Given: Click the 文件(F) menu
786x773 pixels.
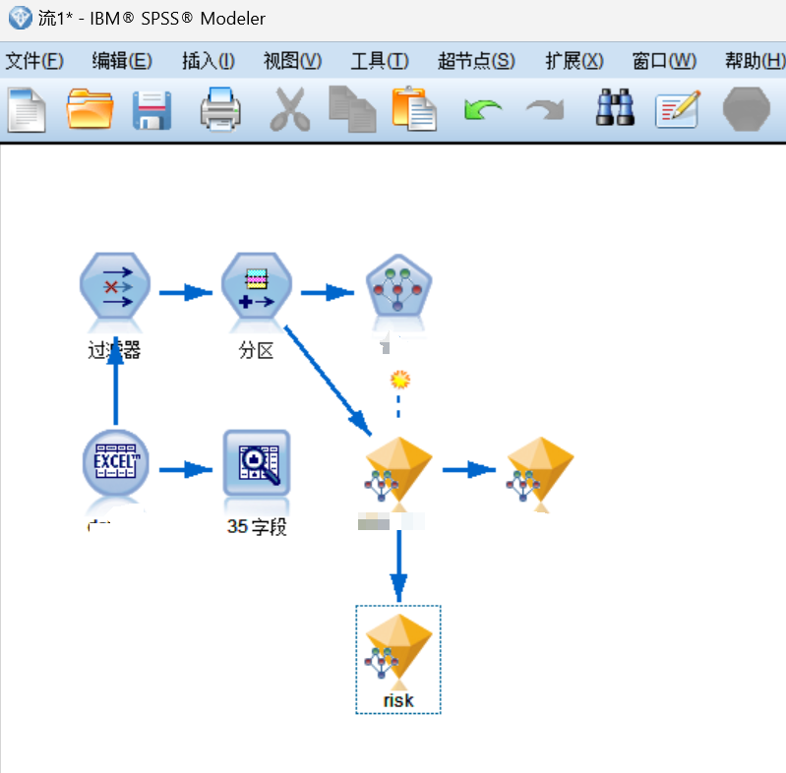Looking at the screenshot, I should click(34, 61).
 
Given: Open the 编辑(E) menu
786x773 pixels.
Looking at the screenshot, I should click(122, 61).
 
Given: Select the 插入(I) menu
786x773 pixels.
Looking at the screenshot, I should click(209, 61).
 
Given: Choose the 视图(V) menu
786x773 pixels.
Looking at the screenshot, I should click(292, 61).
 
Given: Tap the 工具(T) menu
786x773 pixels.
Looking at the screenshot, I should click(380, 61).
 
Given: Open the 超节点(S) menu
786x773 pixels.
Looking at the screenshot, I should click(476, 61).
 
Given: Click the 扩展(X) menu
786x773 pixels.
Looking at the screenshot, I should click(574, 61).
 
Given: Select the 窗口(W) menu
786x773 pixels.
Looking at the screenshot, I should click(664, 61).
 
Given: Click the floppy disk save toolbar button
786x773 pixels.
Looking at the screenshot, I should click(152, 108).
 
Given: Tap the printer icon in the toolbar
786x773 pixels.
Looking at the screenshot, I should click(220, 108).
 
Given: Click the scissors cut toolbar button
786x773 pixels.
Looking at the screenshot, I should click(288, 108).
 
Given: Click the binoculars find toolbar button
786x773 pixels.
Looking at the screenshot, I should click(616, 108).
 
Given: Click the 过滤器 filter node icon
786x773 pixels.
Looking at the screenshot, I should click(115, 291).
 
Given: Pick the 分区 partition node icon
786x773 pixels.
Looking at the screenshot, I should click(257, 291).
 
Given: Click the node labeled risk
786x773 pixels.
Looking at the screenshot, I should click(398, 650).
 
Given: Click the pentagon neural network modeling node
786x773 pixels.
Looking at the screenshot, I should click(398, 291).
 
